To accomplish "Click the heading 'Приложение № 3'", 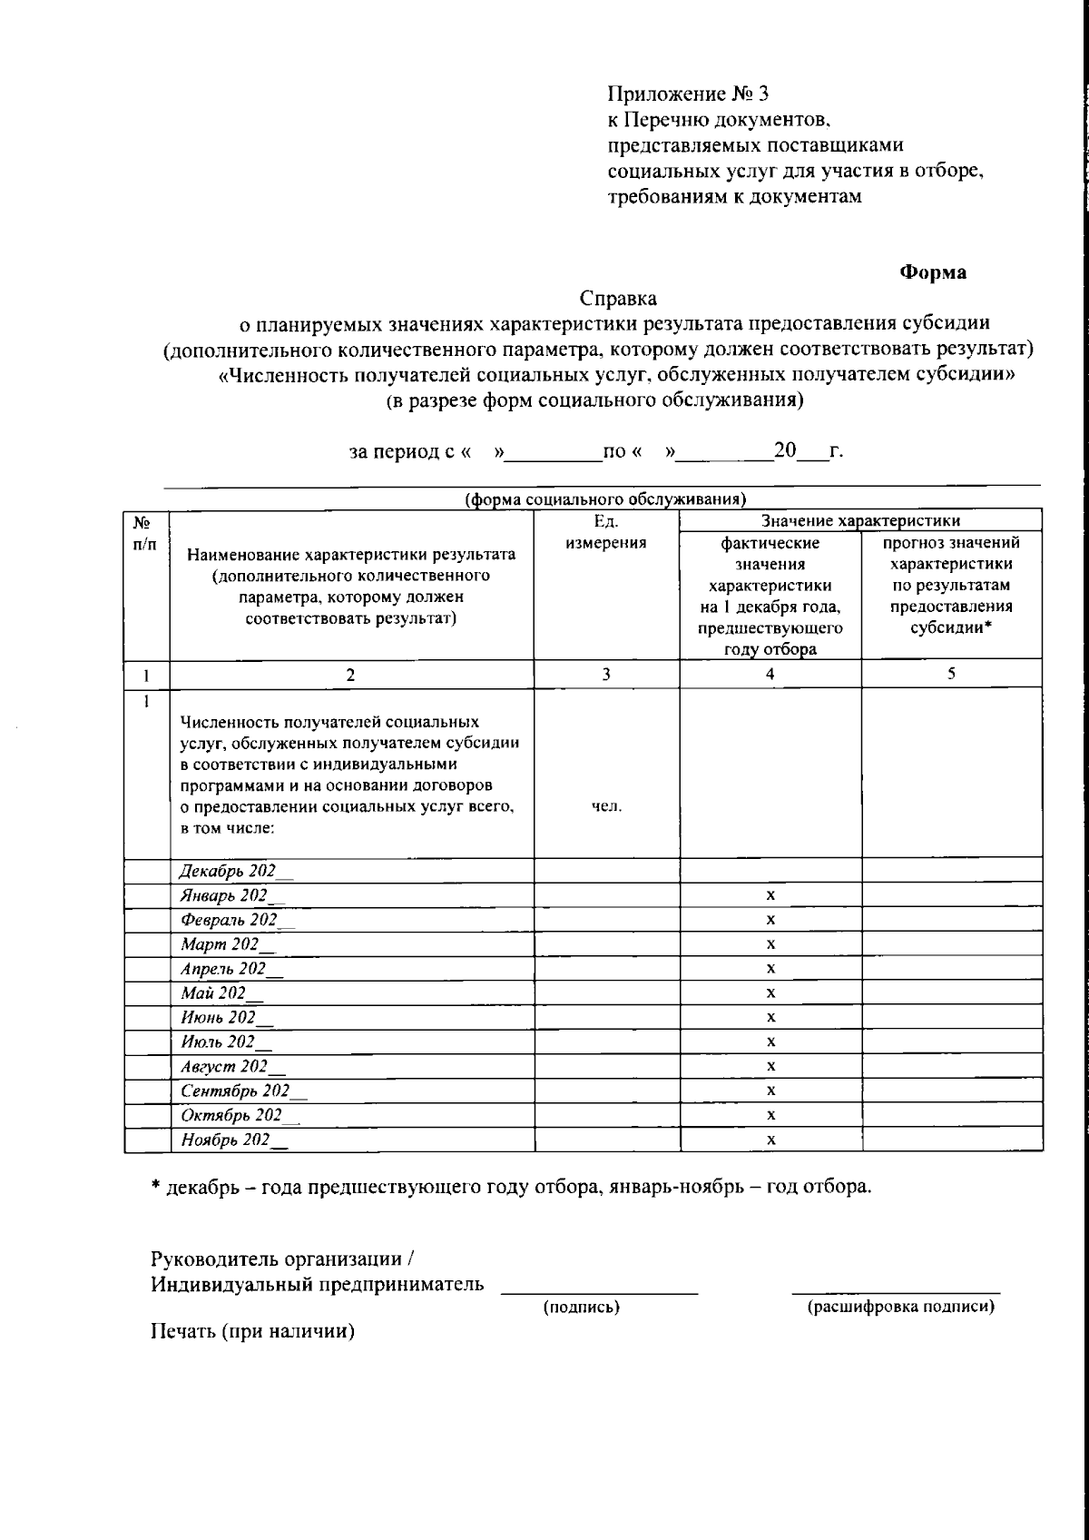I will pyautogui.click(x=688, y=94).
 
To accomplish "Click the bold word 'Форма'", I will pyautogui.click(x=933, y=272).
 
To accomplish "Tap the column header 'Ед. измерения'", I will pyautogui.click(x=606, y=532).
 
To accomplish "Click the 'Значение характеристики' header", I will pyautogui.click(x=860, y=520).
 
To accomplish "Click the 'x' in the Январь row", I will pyautogui.click(x=770, y=895).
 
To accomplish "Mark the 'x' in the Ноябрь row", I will pyautogui.click(x=770, y=1140).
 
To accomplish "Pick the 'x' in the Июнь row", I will pyautogui.click(x=770, y=1017).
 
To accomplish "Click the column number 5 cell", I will pyautogui.click(x=951, y=674).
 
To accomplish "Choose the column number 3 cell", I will pyautogui.click(x=606, y=674).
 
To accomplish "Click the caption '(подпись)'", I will pyautogui.click(x=581, y=1308).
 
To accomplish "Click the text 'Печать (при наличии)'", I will pyautogui.click(x=252, y=1332).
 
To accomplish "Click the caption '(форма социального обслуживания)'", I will pyautogui.click(x=605, y=499).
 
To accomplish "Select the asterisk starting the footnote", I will pyautogui.click(x=156, y=1187).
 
